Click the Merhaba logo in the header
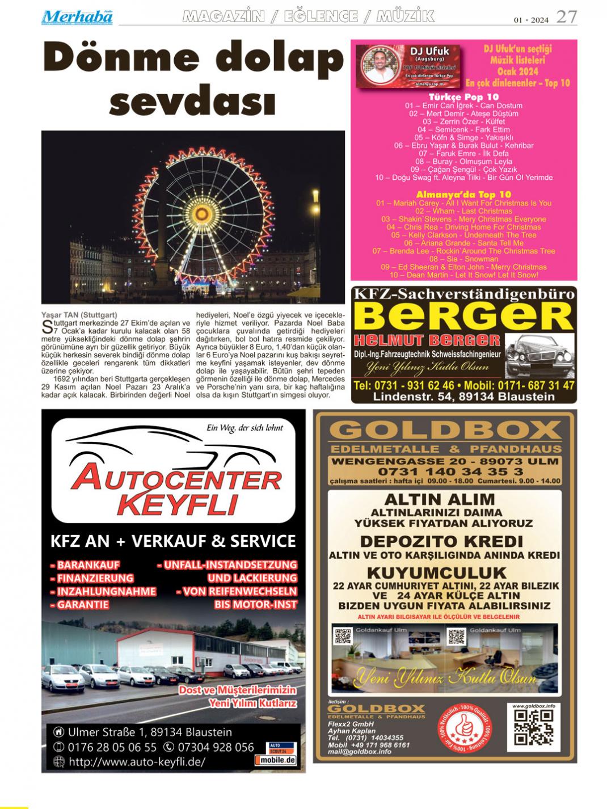pos(77,17)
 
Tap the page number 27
pos(566,17)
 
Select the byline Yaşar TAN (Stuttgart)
pos(79,314)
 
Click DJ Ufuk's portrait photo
pos(380,66)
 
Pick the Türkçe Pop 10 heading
pos(463,97)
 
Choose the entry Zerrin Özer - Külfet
pos(463,121)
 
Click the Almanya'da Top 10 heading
pos(463,195)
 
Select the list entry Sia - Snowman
pos(463,259)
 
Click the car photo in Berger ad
pos(538,355)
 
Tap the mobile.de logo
pos(276,760)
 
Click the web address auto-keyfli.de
pos(137,762)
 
